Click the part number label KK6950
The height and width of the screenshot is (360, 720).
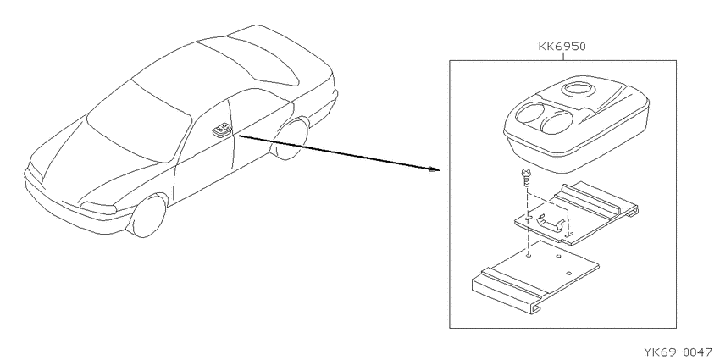(562, 47)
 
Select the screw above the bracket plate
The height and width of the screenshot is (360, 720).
(526, 177)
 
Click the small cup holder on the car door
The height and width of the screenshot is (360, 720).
(221, 130)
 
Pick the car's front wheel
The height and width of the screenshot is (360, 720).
(148, 216)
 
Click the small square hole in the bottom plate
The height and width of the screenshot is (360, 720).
(568, 273)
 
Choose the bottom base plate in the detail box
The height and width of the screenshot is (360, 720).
(535, 276)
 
